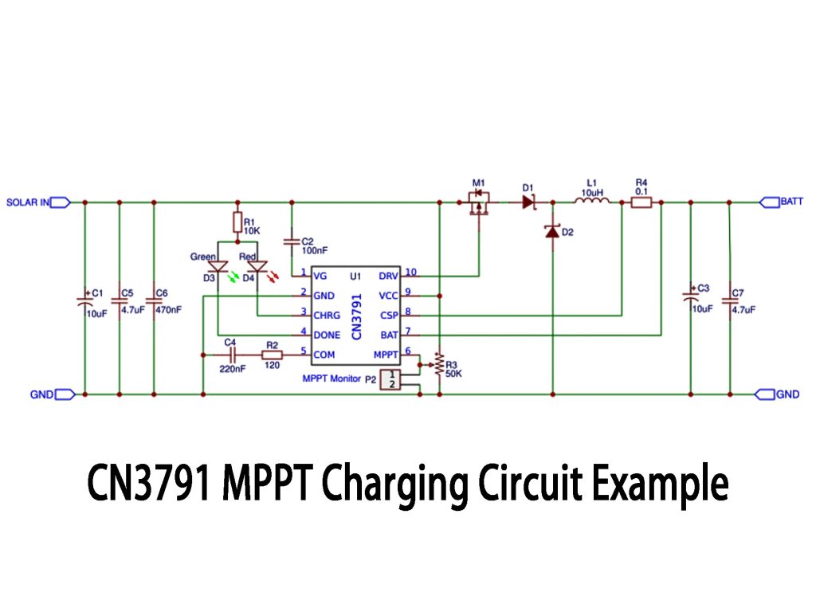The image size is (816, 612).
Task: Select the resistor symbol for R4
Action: point(641,202)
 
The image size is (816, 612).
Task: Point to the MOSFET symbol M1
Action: point(479,204)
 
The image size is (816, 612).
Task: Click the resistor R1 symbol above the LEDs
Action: point(237,221)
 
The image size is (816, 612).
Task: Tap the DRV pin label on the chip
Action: point(388,276)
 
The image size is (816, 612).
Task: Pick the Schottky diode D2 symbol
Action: point(552,232)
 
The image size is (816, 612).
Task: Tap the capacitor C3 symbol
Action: point(690,298)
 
